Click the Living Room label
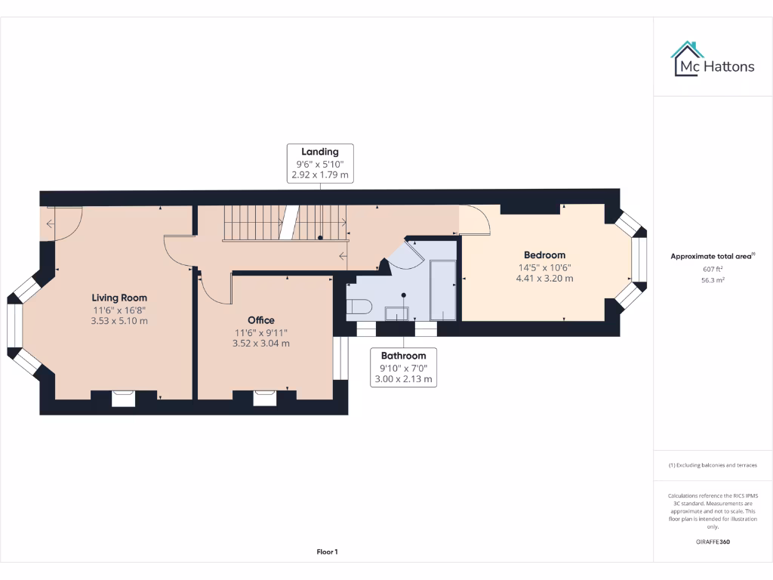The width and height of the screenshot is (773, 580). point(119,298)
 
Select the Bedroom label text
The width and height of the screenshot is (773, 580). point(544,255)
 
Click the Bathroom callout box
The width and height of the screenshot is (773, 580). point(403,367)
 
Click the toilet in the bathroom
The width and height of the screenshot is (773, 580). point(359,306)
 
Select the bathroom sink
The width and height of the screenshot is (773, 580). point(396,313)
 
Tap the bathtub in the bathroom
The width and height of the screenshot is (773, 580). point(442,290)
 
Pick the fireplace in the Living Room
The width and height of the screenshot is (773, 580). point(123,398)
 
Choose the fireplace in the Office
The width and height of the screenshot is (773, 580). point(264,398)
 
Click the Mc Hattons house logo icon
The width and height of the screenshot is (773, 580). point(687,59)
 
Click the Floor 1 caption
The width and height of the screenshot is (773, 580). point(327,552)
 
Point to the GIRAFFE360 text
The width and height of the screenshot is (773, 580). point(713,541)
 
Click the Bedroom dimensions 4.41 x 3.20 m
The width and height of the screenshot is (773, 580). point(544,278)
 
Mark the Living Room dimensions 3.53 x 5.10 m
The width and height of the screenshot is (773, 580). point(119,321)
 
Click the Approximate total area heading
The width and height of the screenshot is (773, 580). point(712,256)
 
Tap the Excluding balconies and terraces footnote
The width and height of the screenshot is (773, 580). point(713,465)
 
